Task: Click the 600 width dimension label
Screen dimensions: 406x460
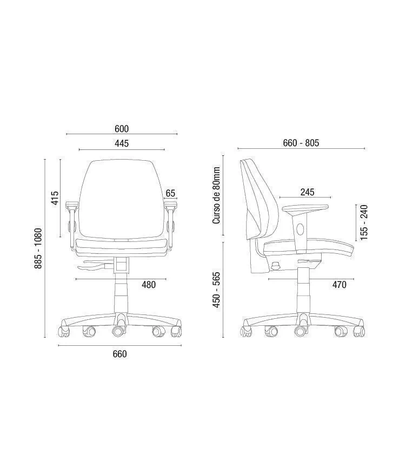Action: click(122, 129)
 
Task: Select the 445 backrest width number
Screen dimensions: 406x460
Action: click(122, 143)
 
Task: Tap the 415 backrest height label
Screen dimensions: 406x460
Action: click(55, 198)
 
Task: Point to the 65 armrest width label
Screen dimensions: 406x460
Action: click(170, 193)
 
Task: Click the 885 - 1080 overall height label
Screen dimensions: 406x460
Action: click(38, 248)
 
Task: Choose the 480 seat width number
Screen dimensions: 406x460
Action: click(149, 285)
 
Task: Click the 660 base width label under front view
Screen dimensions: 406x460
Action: click(120, 354)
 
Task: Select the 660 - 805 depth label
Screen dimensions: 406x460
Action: click(301, 143)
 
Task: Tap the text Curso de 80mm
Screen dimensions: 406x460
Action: click(216, 195)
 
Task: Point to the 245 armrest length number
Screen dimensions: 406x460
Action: click(307, 192)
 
